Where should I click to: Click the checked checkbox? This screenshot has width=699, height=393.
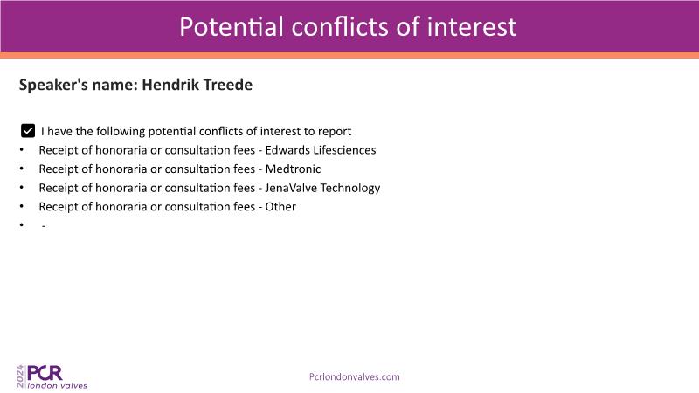[28, 131]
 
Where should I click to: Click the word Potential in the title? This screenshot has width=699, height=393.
[232, 26]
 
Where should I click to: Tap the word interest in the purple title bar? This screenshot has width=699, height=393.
[472, 26]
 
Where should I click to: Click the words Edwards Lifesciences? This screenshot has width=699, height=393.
[321, 150]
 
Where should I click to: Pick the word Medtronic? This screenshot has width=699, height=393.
[293, 169]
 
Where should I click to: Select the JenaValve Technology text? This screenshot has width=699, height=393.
[322, 188]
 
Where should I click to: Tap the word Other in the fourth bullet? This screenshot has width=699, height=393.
[280, 207]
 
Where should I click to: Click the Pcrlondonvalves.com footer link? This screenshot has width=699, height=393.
[355, 376]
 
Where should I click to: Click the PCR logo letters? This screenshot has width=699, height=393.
[45, 373]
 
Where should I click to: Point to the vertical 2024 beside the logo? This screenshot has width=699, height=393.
[20, 376]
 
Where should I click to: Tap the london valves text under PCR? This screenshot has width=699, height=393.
[57, 385]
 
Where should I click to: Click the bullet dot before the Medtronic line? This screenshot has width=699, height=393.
[21, 169]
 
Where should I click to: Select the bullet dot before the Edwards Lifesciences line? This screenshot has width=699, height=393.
[21, 150]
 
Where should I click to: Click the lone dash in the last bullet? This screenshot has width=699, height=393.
[44, 227]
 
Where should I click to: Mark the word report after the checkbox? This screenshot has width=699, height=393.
[334, 132]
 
